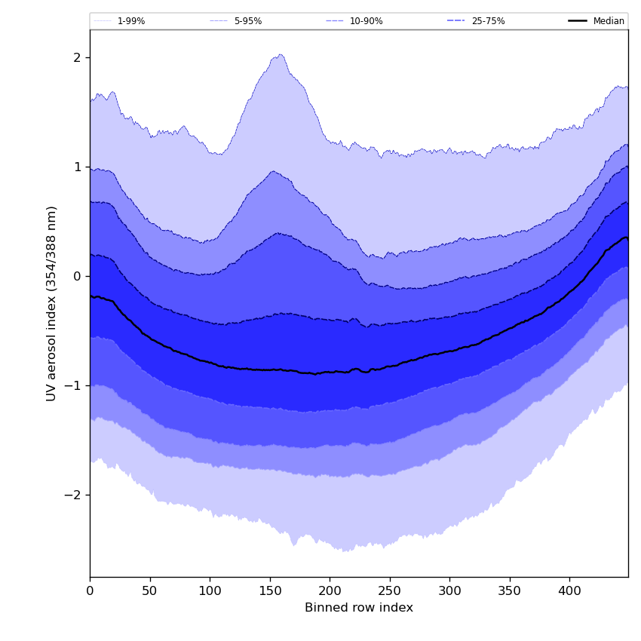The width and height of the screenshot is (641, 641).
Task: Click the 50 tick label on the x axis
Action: pyautogui.click(x=150, y=591)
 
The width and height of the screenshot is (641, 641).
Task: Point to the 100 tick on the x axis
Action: pyautogui.click(x=210, y=591)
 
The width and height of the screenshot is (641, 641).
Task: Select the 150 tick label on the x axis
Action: pyautogui.click(x=270, y=591)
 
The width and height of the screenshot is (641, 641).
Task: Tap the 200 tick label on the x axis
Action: pyautogui.click(x=330, y=591)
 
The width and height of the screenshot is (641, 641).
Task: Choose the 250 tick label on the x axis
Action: pyautogui.click(x=390, y=591)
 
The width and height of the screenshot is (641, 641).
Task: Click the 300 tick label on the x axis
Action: pyautogui.click(x=449, y=591)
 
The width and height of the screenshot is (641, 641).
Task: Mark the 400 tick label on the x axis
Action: pyautogui.click(x=569, y=591)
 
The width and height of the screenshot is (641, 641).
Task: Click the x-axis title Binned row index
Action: pyautogui.click(x=359, y=608)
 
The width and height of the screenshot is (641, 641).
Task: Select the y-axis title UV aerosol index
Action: pyautogui.click(x=51, y=303)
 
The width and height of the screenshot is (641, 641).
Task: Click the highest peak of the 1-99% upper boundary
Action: pyautogui.click(x=281, y=54)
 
